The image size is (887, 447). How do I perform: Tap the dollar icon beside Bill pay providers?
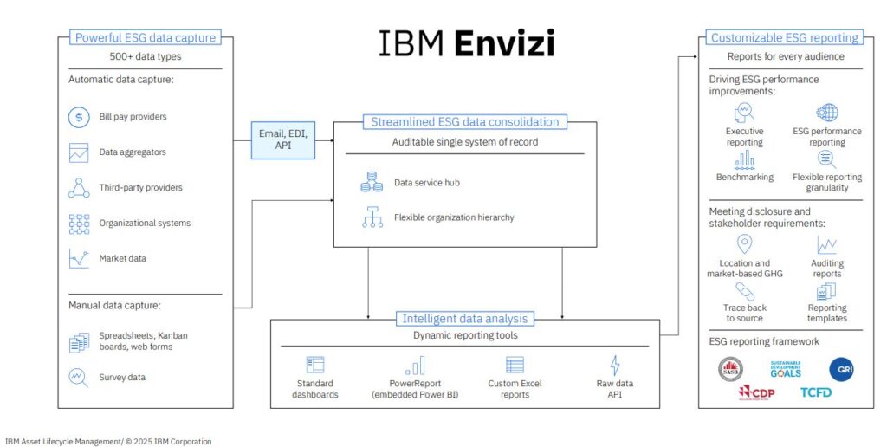[80, 117]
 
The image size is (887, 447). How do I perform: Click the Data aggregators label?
[133, 152]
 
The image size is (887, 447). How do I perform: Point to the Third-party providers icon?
[80, 187]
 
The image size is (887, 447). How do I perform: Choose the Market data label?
[123, 258]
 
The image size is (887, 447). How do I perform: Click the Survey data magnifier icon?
[80, 378]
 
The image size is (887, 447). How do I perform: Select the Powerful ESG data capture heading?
[146, 38]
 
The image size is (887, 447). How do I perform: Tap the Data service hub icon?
[372, 183]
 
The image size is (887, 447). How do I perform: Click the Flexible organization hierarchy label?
[454, 217]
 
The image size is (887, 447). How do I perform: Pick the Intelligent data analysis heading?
[464, 319]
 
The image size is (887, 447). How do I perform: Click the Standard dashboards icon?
[315, 365]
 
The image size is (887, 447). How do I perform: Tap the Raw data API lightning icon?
[615, 365]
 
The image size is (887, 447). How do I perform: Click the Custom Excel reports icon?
[515, 365]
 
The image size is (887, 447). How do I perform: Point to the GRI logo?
[841, 369]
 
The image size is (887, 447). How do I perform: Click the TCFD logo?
[816, 392]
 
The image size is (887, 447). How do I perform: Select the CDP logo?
[755, 392]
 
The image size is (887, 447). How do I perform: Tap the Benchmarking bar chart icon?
[744, 159]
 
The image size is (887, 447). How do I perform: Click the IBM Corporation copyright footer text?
[108, 441]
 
